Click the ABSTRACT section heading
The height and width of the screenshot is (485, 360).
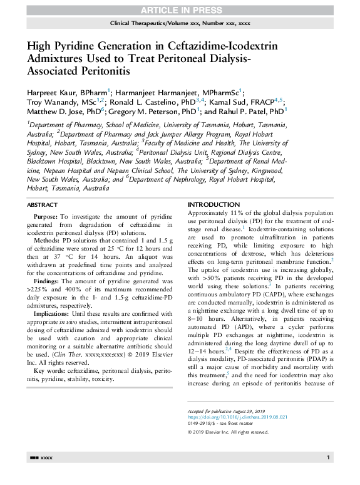point(43,205)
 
